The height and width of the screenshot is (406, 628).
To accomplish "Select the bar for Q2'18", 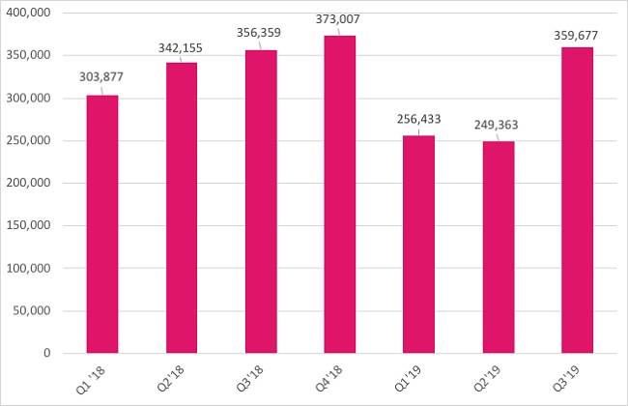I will (x=182, y=208).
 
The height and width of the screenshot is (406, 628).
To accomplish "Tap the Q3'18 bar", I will (x=261, y=202).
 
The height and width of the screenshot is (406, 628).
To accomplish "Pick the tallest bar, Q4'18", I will (x=340, y=194).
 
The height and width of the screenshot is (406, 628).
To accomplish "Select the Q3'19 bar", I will (x=577, y=200).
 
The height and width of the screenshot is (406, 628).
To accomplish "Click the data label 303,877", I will (x=102, y=77).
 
